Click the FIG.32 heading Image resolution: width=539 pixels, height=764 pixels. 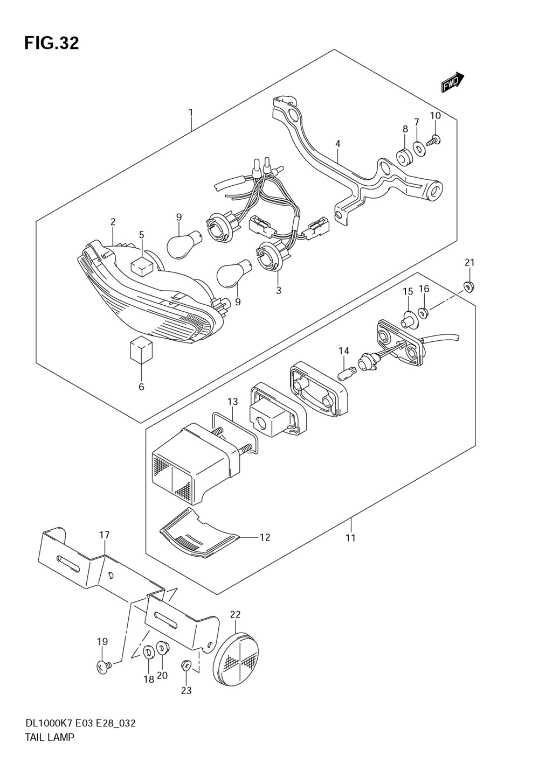pyautogui.click(x=51, y=43)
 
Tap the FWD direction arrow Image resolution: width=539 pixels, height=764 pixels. pyautogui.click(x=452, y=82)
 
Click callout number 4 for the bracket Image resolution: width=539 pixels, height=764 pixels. pyautogui.click(x=337, y=144)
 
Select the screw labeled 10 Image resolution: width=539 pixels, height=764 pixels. pyautogui.click(x=434, y=140)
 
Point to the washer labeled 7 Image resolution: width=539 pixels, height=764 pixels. pyautogui.click(x=418, y=148)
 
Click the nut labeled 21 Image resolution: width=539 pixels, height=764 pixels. pyautogui.click(x=469, y=286)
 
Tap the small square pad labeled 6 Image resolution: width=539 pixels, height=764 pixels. pyautogui.click(x=141, y=349)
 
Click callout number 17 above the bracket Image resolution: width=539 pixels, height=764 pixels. pyautogui.click(x=104, y=535)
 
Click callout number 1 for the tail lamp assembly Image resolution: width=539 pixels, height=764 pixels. pyautogui.click(x=191, y=113)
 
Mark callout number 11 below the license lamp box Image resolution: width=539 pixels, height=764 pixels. pyautogui.click(x=351, y=537)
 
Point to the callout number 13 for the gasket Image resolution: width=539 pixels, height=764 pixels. pyautogui.click(x=232, y=402)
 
